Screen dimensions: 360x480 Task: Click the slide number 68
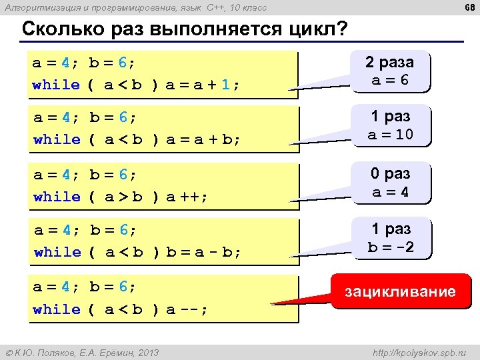click(x=468, y=7)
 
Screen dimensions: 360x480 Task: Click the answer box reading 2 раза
click(x=389, y=63)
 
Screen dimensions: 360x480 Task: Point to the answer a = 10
click(x=390, y=135)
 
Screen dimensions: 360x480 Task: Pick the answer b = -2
click(x=391, y=247)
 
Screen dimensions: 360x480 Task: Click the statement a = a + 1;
click(x=203, y=85)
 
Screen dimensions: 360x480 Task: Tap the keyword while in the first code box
click(x=56, y=85)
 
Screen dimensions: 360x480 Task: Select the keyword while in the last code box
click(x=56, y=309)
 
